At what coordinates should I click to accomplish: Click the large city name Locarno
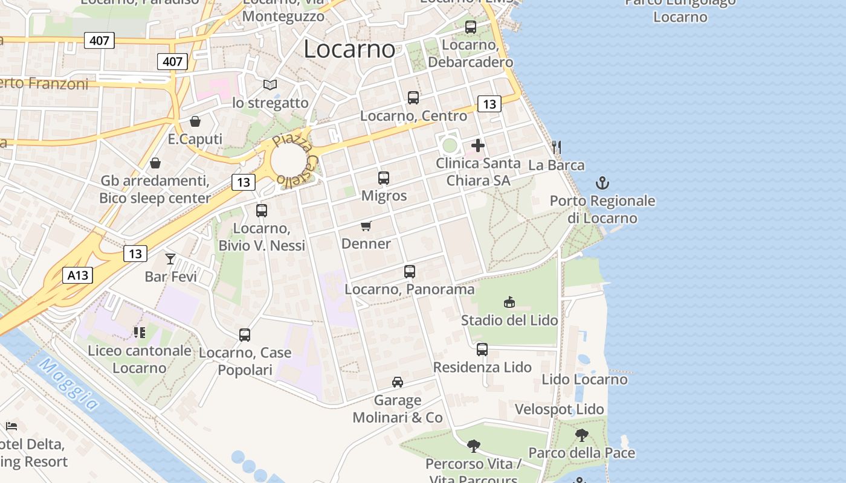349,49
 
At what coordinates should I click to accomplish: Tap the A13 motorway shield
77,276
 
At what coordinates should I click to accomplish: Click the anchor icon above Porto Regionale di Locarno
602,183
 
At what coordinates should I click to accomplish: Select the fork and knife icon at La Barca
557,147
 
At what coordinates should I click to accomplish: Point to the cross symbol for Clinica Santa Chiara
478,146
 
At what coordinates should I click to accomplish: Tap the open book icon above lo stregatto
270,85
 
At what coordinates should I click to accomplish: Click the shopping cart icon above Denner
366,226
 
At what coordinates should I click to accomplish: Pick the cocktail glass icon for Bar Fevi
170,259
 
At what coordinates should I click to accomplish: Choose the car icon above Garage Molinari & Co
398,382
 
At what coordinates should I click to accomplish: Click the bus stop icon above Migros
384,178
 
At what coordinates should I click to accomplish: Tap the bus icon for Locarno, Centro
413,98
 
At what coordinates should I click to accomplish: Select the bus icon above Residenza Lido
482,350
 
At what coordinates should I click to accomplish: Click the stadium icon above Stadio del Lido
509,302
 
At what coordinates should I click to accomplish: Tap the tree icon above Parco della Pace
582,435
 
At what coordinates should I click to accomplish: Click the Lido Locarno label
584,380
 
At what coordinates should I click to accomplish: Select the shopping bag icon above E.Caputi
195,121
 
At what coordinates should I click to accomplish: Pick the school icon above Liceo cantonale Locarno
140,333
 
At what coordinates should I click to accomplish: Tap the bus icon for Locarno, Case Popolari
245,335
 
